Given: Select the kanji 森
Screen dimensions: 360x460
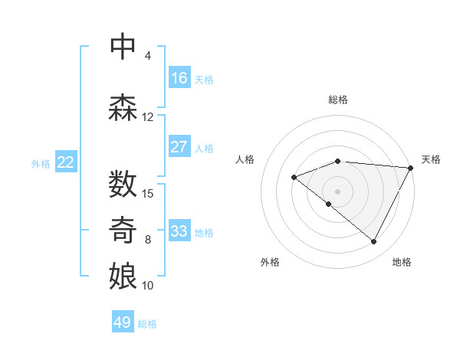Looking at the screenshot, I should [x=123, y=108].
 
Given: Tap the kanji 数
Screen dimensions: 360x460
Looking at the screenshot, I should [x=123, y=185].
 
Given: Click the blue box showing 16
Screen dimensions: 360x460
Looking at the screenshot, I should [x=179, y=78].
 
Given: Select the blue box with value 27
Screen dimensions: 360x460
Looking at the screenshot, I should [x=179, y=147].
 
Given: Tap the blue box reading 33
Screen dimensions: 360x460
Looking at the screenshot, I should [x=179, y=231].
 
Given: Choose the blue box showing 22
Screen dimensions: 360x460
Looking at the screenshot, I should [x=66, y=162].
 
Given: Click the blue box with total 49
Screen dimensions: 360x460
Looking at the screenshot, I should [x=123, y=322].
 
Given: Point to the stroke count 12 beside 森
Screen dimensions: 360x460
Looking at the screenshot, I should [x=148, y=117].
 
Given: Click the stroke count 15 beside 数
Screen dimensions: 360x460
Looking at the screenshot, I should [x=148, y=193].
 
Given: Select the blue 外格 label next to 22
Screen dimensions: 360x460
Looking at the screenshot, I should [x=40, y=163].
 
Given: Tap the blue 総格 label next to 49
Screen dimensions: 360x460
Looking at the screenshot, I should [x=147, y=324].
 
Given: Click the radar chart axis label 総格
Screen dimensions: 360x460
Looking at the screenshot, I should [x=338, y=100].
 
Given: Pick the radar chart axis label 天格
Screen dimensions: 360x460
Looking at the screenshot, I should [x=431, y=159].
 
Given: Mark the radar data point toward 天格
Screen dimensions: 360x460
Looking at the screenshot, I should [x=411, y=168].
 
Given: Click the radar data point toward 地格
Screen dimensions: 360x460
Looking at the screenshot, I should [x=374, y=242].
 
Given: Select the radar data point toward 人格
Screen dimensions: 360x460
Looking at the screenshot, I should [x=294, y=177].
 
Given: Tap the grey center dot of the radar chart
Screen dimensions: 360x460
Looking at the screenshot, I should [x=337, y=191].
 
